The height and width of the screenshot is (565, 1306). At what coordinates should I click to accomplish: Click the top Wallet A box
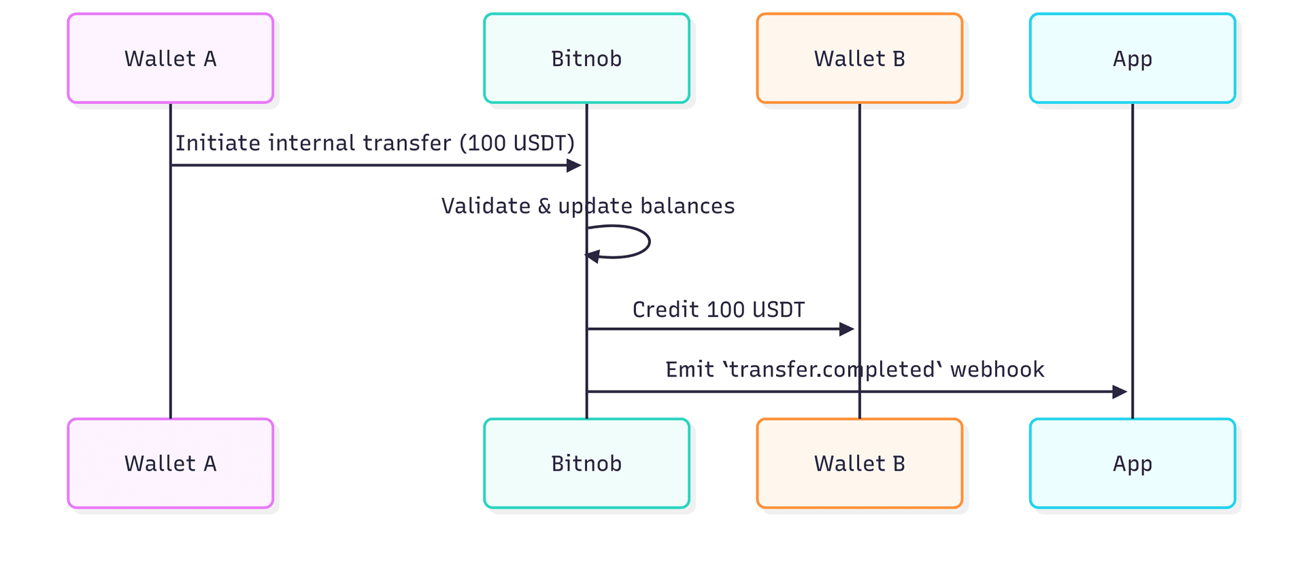point(170,58)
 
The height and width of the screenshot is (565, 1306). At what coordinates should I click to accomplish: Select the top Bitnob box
point(586,58)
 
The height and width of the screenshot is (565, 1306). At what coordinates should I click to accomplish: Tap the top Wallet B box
point(859,58)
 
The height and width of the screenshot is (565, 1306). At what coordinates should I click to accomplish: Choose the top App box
point(1132,58)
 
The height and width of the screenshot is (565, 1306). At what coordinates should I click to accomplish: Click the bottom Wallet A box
point(170,463)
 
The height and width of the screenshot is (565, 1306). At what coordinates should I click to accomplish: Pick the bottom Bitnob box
point(586,463)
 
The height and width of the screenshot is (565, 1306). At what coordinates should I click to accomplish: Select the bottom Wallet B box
point(859,463)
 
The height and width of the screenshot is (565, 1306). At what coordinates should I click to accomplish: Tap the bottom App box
point(1132,463)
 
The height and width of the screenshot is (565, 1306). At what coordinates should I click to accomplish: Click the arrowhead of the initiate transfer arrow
point(574,165)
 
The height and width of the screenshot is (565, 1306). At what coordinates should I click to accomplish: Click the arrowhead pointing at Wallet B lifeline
point(847,329)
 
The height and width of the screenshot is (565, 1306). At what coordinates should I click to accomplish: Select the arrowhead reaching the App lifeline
point(1120,392)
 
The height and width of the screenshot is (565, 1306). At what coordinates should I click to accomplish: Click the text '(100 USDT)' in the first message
point(517,143)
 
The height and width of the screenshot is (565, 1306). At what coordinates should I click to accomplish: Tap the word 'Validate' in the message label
point(486,206)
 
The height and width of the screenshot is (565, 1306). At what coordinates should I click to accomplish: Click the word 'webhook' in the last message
point(997,370)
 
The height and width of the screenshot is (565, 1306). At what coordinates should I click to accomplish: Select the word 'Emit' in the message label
point(689,370)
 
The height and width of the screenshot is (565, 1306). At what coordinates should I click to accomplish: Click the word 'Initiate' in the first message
point(218,143)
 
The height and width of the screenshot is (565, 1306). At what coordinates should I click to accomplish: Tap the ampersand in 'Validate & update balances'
point(544,206)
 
